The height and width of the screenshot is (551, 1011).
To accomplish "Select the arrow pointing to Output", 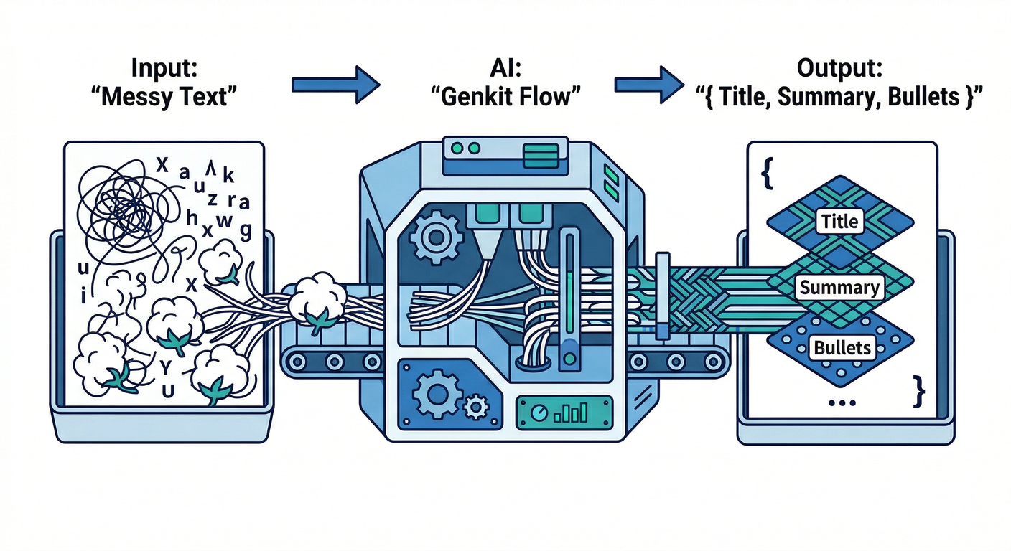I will pos(648,85).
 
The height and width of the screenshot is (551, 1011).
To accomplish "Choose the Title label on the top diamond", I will pos(840,221).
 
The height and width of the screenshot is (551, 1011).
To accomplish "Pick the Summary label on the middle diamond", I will pos(839,288).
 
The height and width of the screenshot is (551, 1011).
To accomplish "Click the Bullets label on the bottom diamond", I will pos(842,349).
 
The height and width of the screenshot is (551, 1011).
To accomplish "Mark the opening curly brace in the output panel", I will pos(768,176).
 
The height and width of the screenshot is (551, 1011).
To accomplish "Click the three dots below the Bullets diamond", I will pos(842,404).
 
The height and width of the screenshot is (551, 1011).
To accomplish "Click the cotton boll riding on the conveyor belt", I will pos(318,299).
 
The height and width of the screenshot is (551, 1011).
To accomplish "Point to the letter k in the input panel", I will pos(229,174).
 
